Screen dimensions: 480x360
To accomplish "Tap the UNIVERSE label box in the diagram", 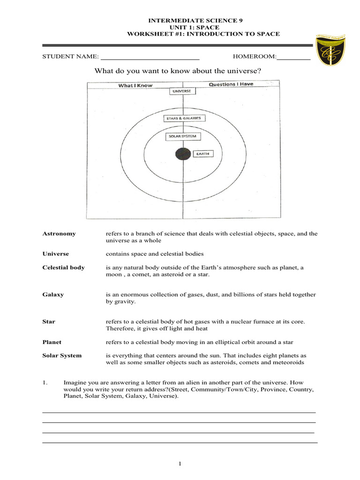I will tap(181, 91).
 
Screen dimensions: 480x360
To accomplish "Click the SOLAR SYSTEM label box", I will tap(183, 137).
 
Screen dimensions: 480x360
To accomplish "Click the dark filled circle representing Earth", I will tap(183, 154).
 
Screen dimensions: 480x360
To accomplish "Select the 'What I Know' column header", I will tap(135, 85).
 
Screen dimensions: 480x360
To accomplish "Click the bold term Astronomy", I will tap(59, 233).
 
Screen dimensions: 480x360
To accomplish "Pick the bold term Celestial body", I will tap(64, 268).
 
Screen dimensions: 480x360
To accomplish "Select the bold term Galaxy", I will tap(53, 295).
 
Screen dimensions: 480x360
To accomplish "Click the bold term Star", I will tap(49, 322).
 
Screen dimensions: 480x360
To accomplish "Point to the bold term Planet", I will tap(52, 342).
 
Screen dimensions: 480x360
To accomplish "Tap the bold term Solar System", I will tap(62, 355).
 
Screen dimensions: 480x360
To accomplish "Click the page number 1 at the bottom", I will tap(180, 464).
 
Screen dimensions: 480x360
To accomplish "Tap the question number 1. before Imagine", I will tap(45, 382).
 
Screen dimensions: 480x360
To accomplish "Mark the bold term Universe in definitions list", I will tap(55, 254).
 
